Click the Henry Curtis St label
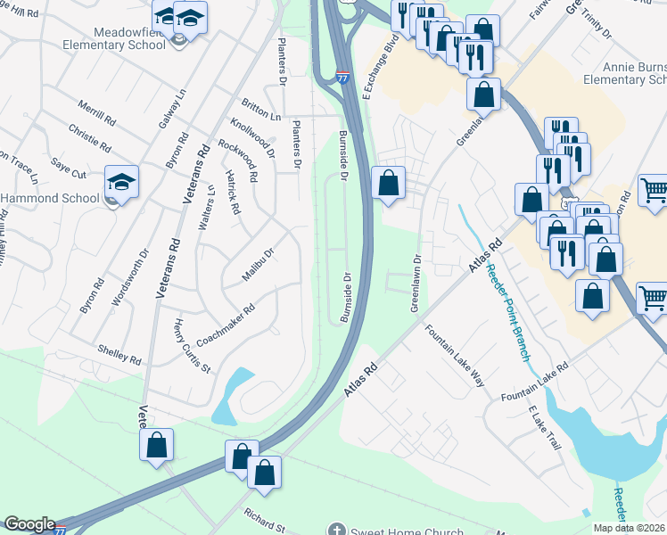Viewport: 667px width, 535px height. tap(192, 346)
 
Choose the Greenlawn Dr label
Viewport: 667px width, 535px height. tap(416, 282)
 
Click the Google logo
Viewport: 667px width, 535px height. tap(29, 524)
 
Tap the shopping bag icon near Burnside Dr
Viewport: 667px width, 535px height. tap(388, 184)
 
